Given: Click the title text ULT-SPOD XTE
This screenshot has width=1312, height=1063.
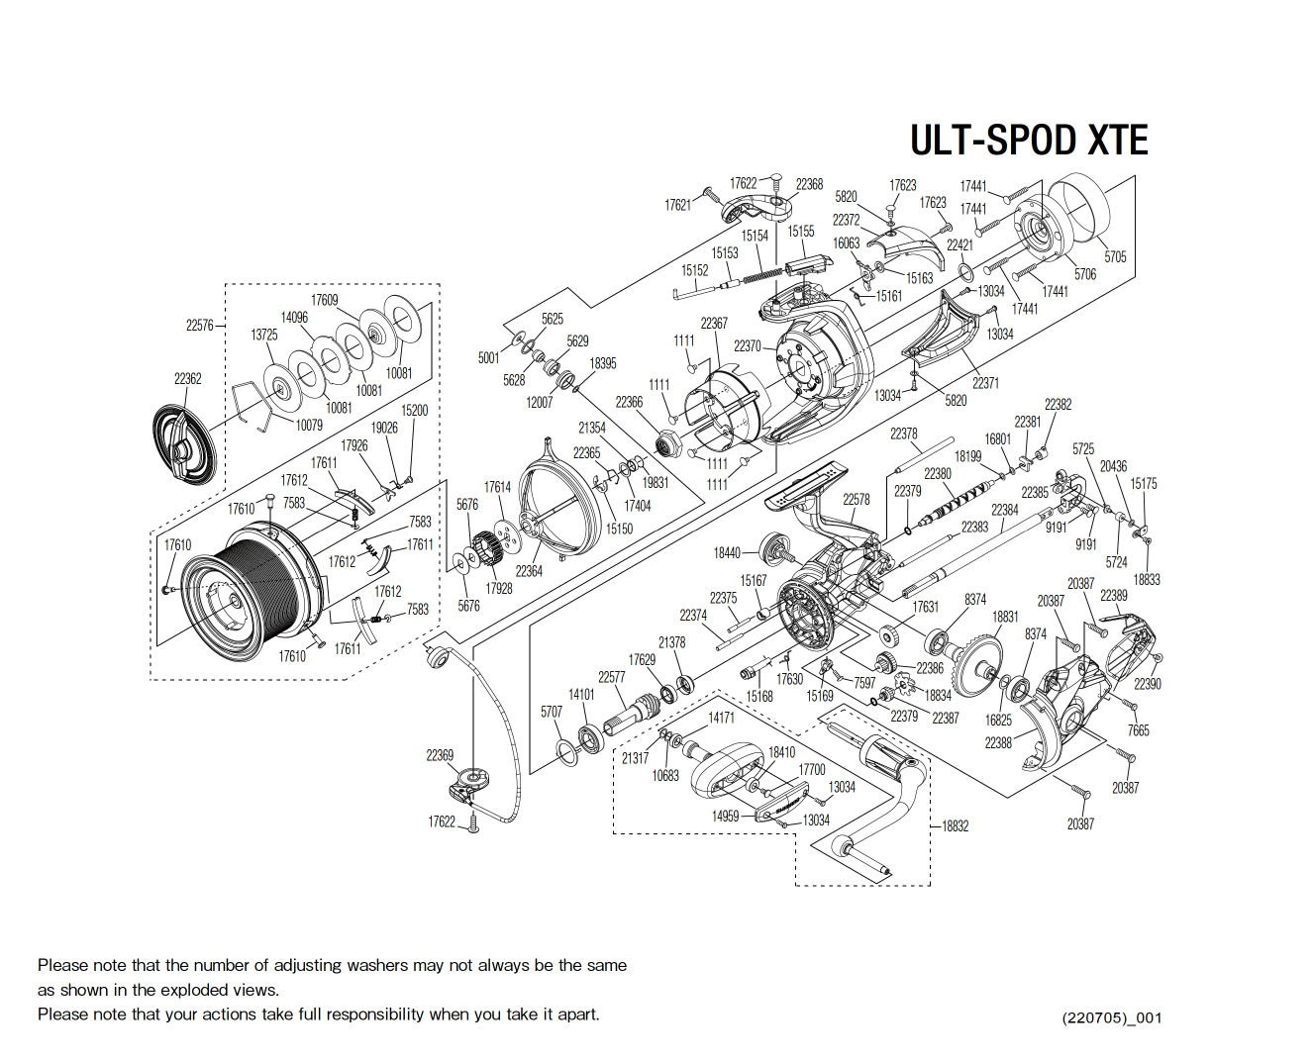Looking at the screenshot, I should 1029,141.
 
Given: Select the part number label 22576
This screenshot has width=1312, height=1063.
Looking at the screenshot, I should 199,325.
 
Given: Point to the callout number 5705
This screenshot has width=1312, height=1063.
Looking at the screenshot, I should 1115,256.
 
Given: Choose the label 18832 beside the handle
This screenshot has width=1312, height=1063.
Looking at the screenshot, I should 955,825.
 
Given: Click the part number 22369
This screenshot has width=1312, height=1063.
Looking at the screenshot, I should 440,755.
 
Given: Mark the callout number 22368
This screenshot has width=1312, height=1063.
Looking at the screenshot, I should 809,184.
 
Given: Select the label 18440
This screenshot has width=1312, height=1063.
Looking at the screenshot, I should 727,552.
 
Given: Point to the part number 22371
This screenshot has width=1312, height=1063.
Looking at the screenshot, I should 985,383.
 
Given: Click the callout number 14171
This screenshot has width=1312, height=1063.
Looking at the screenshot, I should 721,717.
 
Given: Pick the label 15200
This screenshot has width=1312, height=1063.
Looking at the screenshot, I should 414,410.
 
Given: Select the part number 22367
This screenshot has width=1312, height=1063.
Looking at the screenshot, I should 714,323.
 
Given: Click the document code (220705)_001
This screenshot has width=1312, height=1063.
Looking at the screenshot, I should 1111,1017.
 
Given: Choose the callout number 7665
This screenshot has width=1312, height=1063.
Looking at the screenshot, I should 1139,730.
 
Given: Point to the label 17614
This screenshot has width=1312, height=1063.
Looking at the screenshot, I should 497,487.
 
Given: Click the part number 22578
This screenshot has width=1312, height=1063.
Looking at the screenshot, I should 857,499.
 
